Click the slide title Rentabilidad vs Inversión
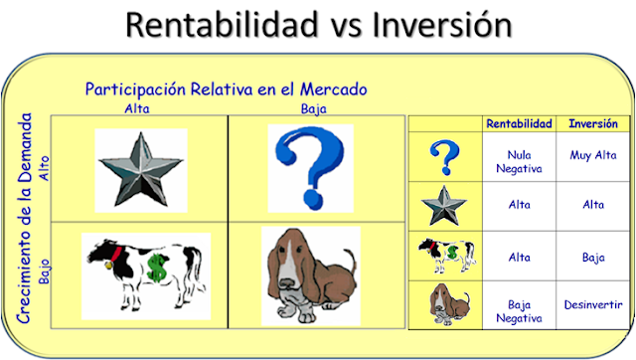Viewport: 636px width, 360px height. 318,27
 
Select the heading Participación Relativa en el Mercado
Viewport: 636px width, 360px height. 226,90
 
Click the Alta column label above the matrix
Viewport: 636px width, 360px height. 136,107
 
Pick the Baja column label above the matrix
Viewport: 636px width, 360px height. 312,107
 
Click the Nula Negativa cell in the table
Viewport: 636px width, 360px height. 519,162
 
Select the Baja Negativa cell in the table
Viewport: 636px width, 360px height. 519,310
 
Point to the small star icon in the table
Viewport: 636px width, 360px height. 444,205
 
